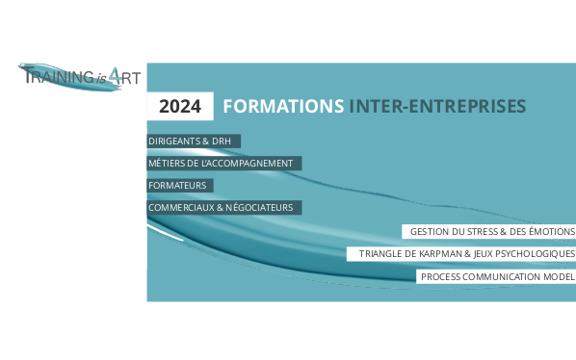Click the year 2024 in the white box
(179, 106)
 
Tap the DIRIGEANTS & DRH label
(193, 141)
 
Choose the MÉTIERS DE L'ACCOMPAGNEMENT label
(223, 163)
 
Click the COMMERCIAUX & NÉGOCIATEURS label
(224, 207)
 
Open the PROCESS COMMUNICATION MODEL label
(497, 277)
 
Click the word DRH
(222, 141)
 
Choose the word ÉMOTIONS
(552, 231)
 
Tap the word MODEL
(558, 277)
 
